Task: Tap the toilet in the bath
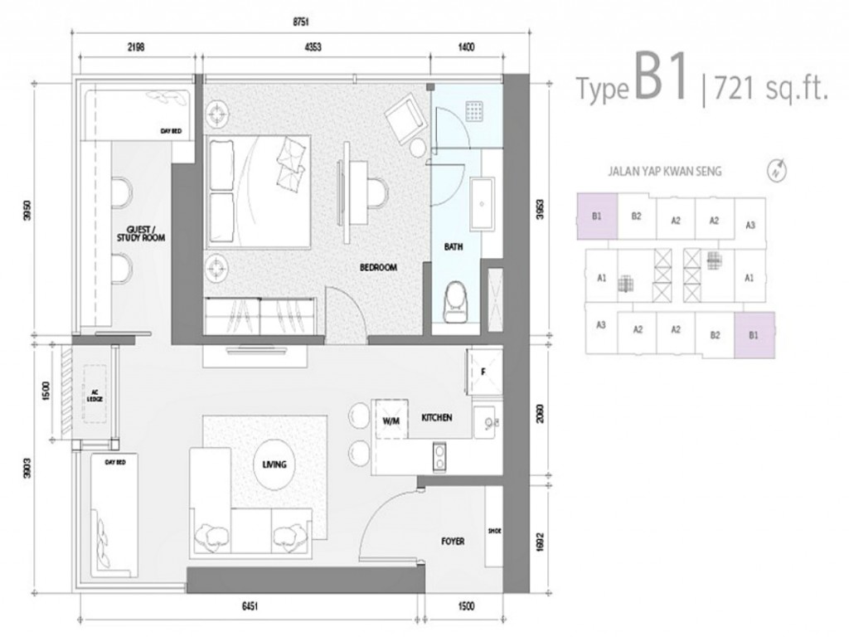(x=458, y=304)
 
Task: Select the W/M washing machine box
(x=391, y=420)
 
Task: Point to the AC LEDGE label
(x=93, y=396)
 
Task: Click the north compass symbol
(x=777, y=171)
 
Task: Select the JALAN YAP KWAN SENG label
(x=665, y=172)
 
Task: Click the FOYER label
(x=452, y=541)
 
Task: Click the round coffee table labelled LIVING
(x=274, y=464)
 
